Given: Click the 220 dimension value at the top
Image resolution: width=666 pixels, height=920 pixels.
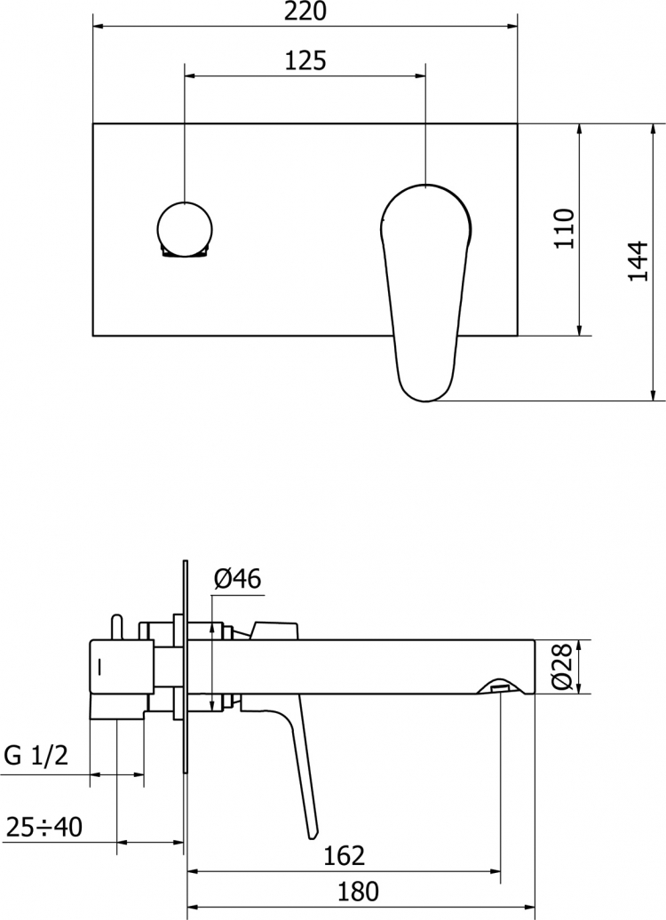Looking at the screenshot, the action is click(x=305, y=11).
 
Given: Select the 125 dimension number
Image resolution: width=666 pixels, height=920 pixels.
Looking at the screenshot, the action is click(x=305, y=60).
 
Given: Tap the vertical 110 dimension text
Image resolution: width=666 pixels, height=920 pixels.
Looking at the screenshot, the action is click(x=565, y=228).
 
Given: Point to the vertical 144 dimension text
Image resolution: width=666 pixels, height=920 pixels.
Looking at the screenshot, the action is click(x=638, y=261).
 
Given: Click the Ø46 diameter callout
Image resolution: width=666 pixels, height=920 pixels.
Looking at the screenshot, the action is click(x=237, y=579).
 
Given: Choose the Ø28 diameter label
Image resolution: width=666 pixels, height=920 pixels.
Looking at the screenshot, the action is click(x=561, y=667).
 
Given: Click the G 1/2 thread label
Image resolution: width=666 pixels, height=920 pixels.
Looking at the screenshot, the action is click(x=36, y=756).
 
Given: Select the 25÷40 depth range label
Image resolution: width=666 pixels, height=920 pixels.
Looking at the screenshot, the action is click(x=44, y=828).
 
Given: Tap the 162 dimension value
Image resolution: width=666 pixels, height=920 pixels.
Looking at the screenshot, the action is click(x=345, y=856).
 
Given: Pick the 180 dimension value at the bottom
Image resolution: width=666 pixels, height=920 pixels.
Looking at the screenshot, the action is click(x=358, y=892).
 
